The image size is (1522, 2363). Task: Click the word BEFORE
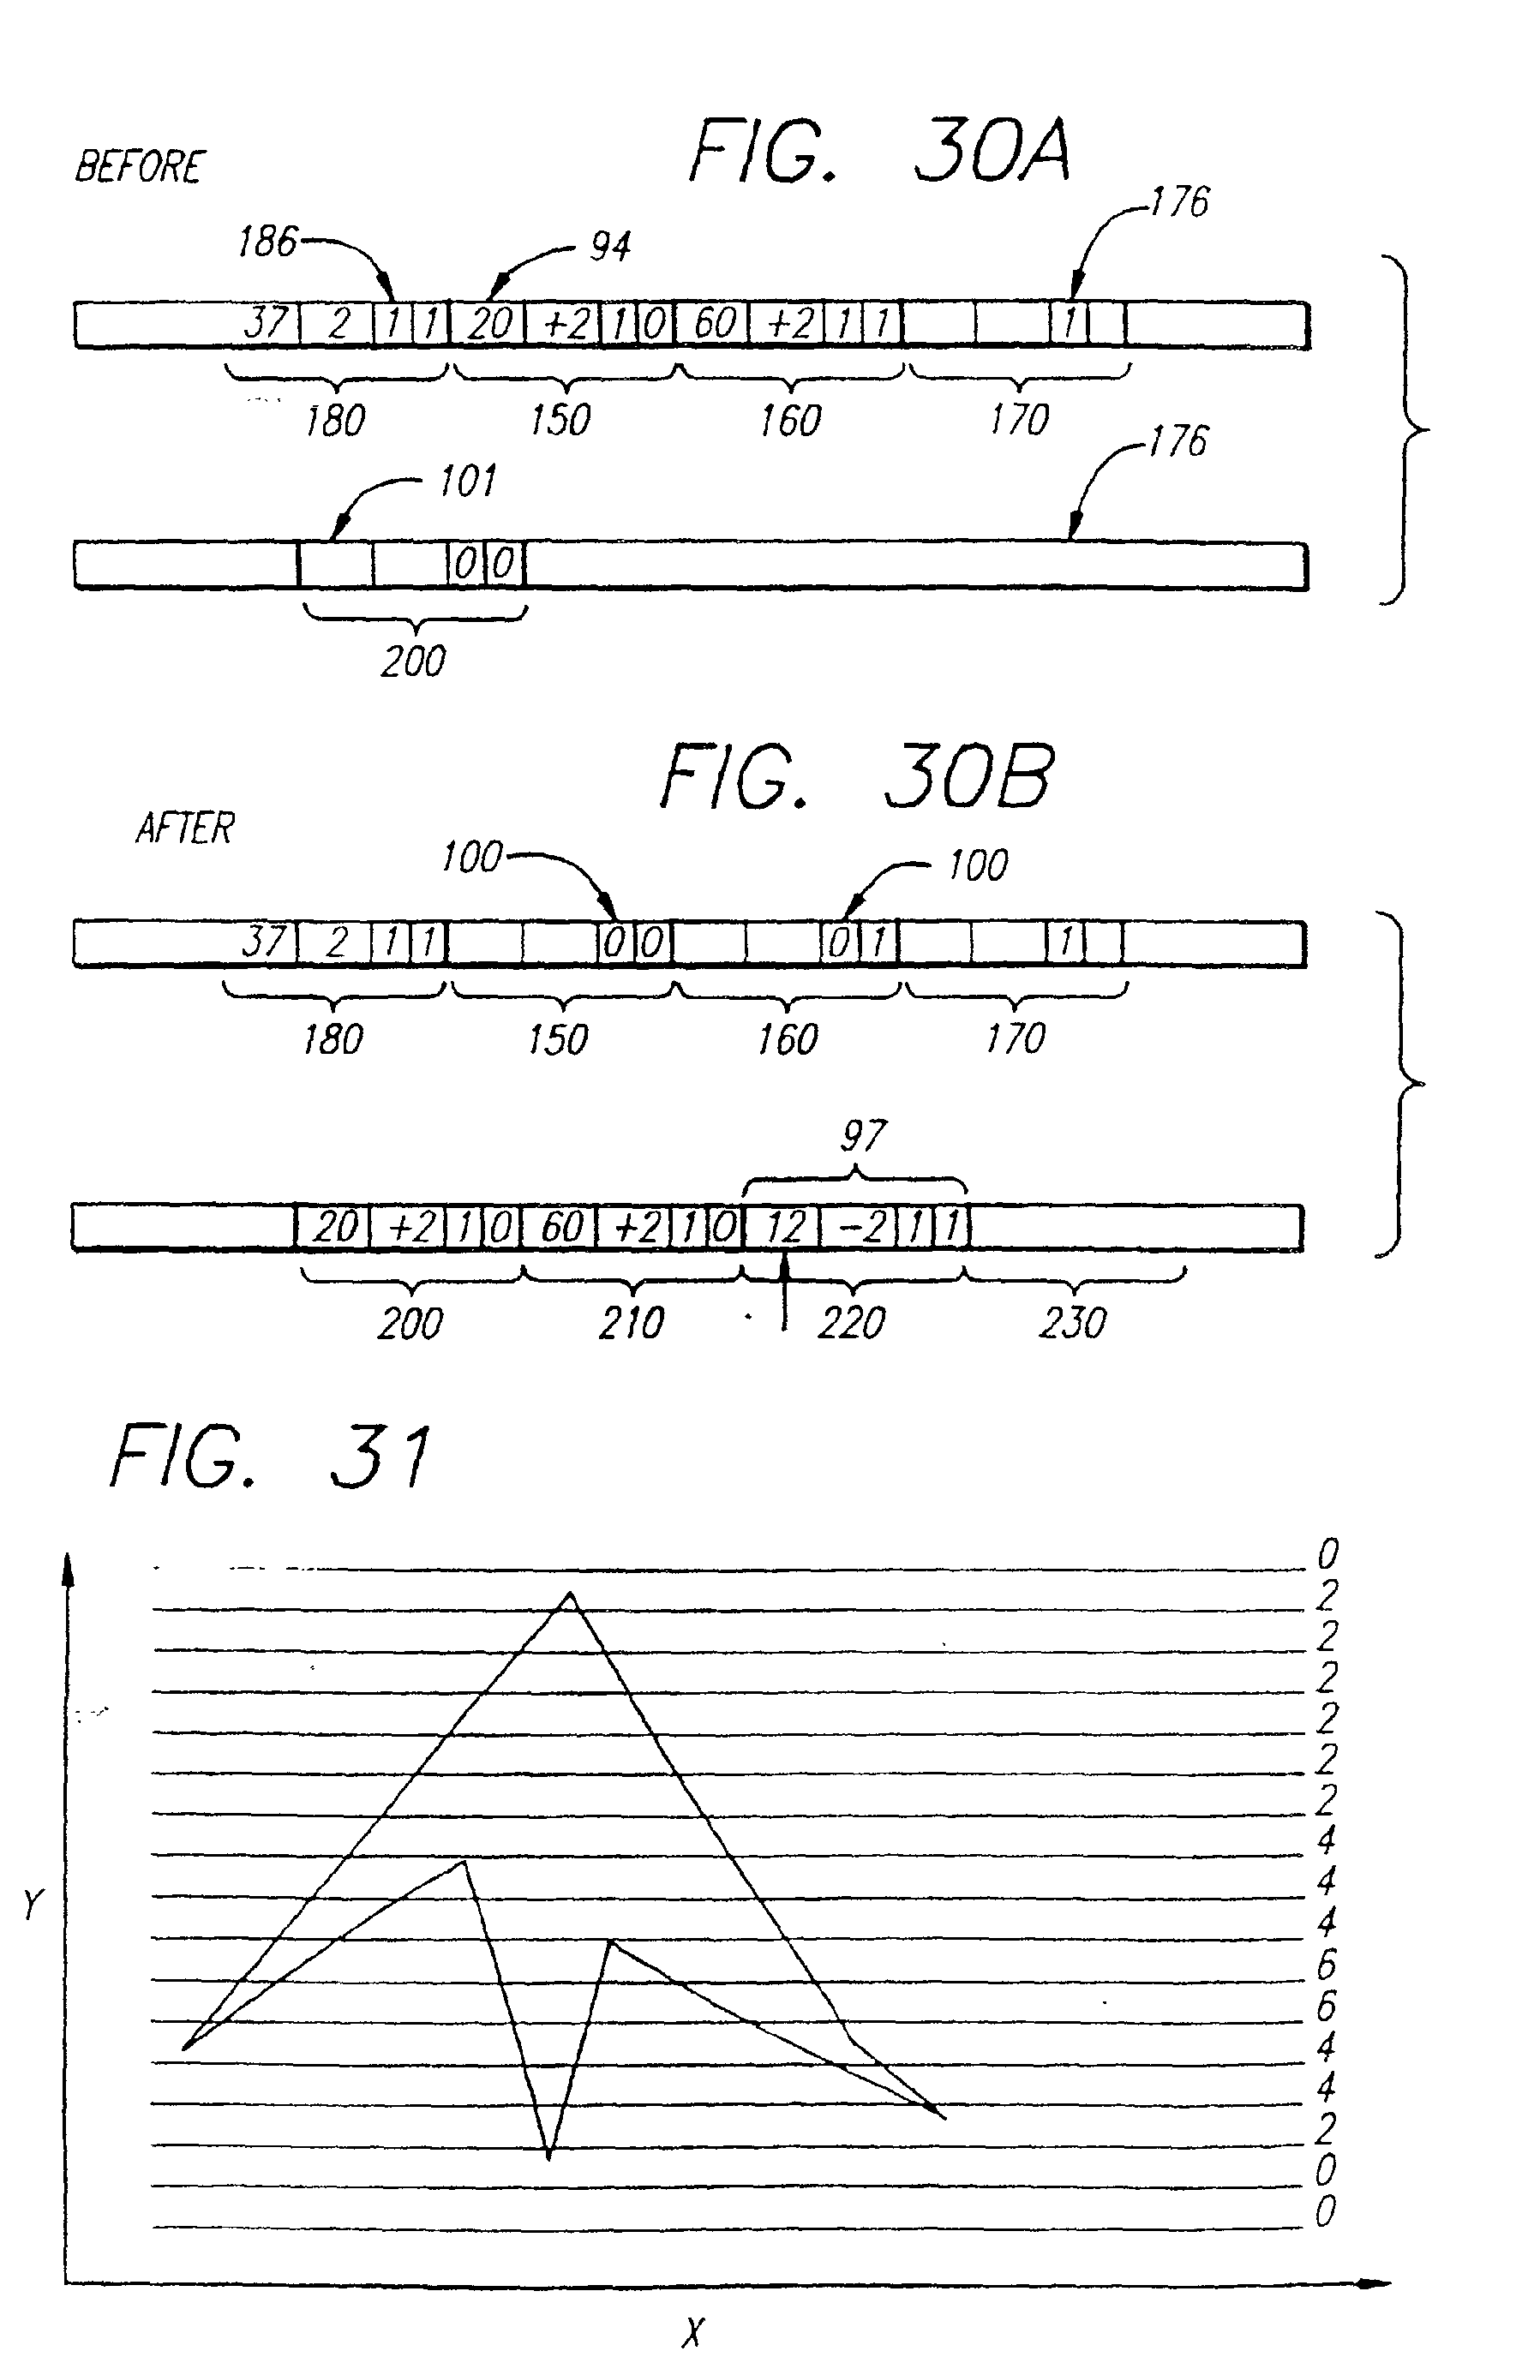click(x=140, y=167)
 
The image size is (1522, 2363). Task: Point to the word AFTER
click(x=185, y=828)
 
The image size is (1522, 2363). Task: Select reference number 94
click(x=610, y=247)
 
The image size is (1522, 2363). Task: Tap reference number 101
click(x=466, y=482)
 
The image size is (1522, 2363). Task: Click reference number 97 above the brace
click(x=863, y=1136)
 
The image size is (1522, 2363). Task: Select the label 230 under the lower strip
click(x=1072, y=1322)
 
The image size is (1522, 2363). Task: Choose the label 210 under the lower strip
click(x=632, y=1323)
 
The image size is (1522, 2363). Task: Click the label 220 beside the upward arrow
click(x=851, y=1323)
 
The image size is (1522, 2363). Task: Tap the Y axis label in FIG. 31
click(x=33, y=1904)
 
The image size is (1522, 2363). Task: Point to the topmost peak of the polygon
click(x=569, y=1593)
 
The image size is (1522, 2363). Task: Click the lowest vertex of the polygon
click(x=548, y=2157)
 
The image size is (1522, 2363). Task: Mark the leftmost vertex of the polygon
click(x=184, y=2049)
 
